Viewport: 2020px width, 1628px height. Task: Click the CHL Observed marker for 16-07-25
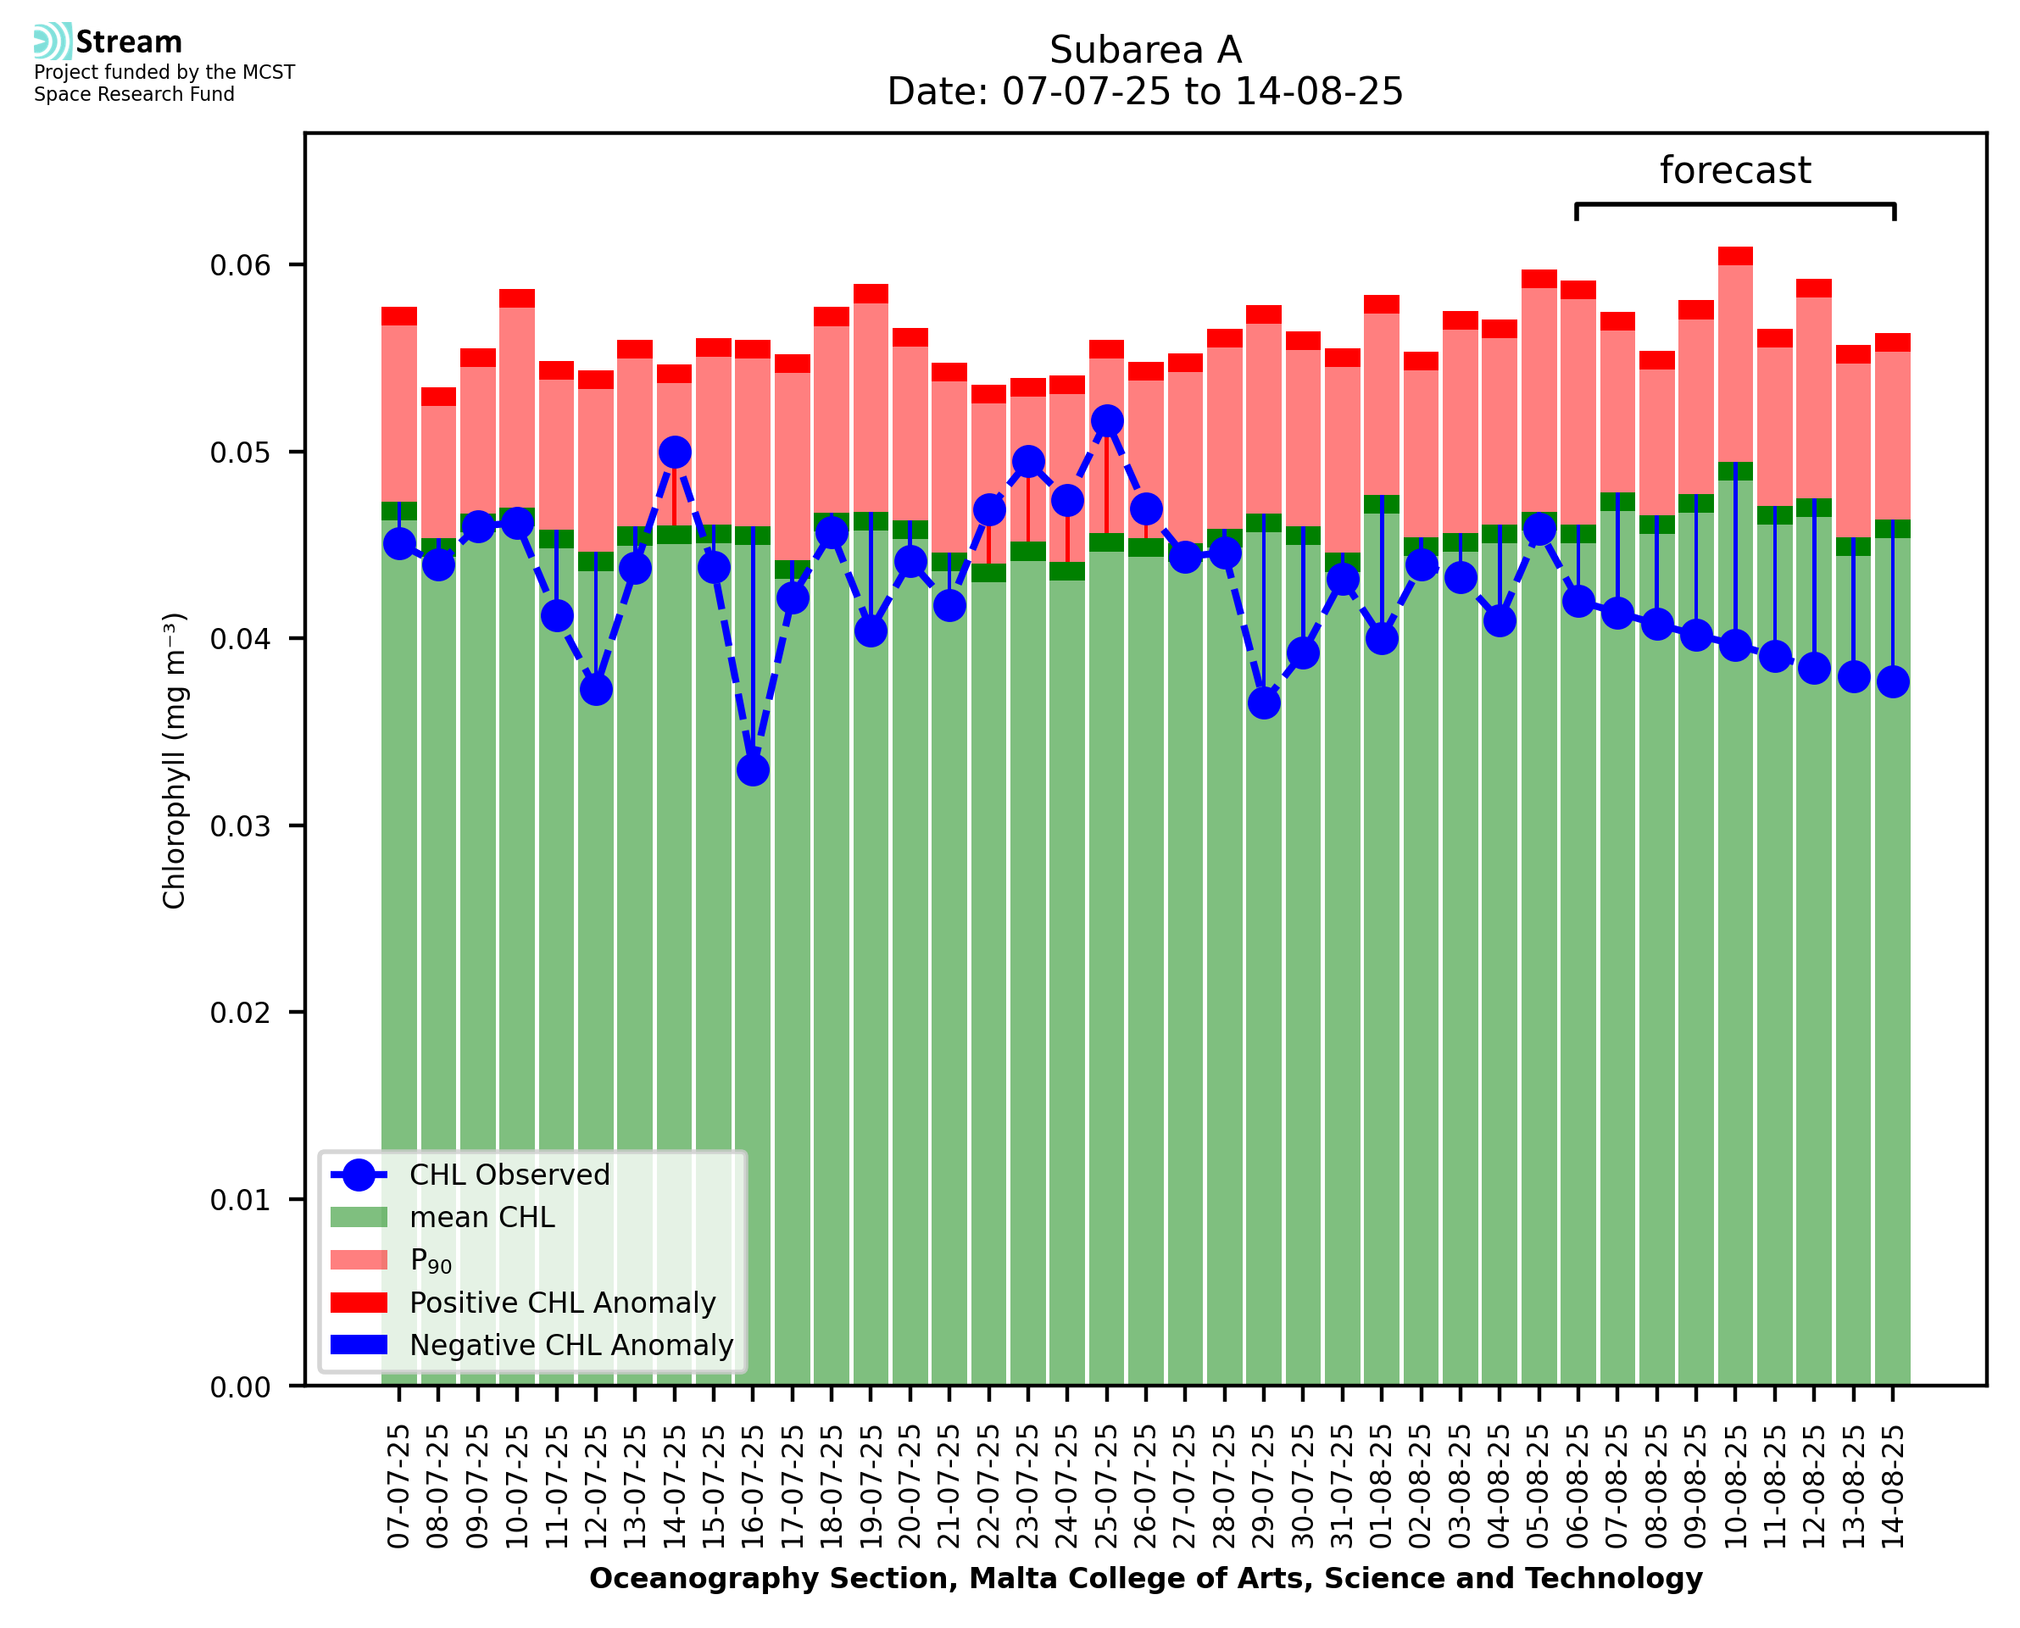[x=752, y=770]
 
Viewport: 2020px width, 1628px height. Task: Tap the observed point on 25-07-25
[x=1106, y=421]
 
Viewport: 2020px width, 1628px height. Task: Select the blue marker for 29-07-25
[x=1263, y=703]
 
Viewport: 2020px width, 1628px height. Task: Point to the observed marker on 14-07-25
[x=674, y=452]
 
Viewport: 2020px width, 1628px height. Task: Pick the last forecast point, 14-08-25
[x=1893, y=681]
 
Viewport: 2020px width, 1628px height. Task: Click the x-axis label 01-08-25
[x=1382, y=1486]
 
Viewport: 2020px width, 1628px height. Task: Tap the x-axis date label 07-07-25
[x=398, y=1486]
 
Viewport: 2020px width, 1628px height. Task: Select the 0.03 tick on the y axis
[x=240, y=826]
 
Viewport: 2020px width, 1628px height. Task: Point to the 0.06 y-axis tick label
[x=240, y=265]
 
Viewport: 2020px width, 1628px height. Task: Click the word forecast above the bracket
[x=1735, y=170]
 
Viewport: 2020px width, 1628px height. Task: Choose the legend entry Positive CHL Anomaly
[x=563, y=1303]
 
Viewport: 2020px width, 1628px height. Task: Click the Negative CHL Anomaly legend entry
[x=571, y=1345]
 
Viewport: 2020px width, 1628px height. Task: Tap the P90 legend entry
[x=431, y=1260]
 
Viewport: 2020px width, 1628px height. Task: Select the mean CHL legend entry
[x=482, y=1217]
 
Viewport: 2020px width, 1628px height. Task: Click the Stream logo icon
[x=53, y=42]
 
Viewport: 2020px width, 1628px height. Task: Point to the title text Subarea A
[x=1145, y=50]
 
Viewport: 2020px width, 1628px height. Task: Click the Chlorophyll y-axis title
[x=175, y=760]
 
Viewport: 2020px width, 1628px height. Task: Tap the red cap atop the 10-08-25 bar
[x=1735, y=256]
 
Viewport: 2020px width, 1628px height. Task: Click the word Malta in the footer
[x=999, y=1578]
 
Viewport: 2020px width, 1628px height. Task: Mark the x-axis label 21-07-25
[x=949, y=1486]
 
